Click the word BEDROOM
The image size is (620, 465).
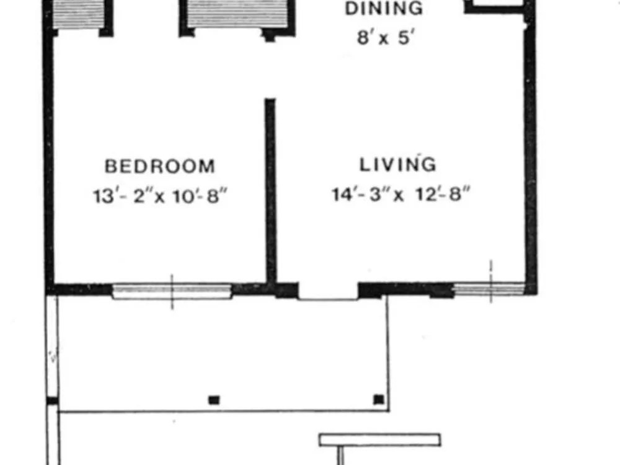click(x=160, y=166)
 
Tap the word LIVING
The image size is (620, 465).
click(x=398, y=164)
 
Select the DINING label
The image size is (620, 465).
click(x=384, y=9)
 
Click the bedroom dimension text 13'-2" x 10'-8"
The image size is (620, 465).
click(x=160, y=196)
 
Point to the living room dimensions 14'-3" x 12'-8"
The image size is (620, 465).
click(x=401, y=194)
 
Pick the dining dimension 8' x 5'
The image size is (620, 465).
click(x=386, y=38)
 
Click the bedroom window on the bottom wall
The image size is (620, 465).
click(x=172, y=291)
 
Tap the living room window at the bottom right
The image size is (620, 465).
click(x=490, y=289)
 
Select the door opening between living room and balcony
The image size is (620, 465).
click(x=328, y=292)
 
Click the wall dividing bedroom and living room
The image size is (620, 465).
click(x=270, y=192)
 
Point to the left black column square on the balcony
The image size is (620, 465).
click(x=214, y=400)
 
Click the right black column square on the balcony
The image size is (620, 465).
click(x=379, y=399)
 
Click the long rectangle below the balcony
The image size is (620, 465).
click(x=380, y=440)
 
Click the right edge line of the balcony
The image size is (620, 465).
click(x=388, y=354)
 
